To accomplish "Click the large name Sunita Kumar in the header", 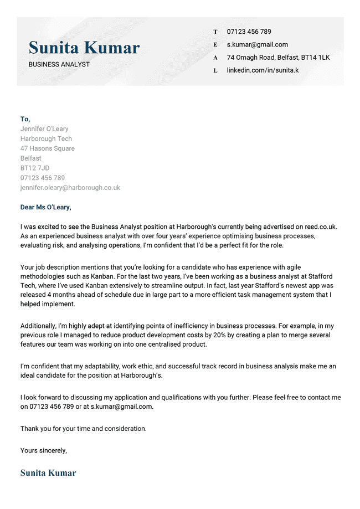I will click(84, 48).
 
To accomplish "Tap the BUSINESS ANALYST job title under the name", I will click(59, 64).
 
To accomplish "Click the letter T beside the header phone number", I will click(215, 32).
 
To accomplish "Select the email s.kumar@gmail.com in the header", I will click(257, 45).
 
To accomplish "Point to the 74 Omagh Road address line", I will click(278, 58).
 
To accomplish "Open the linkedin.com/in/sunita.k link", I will click(263, 70).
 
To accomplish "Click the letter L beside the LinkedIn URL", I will click(215, 71).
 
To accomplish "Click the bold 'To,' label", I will click(25, 119).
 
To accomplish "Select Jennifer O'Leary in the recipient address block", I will click(44, 129).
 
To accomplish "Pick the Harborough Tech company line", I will click(46, 139).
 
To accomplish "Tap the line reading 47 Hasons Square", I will click(48, 148).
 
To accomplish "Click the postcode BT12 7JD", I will click(35, 168).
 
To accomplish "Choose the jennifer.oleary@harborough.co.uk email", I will click(70, 188).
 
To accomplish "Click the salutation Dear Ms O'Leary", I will click(46, 208).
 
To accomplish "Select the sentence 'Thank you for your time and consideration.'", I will click(84, 429).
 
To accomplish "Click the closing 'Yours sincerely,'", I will click(44, 450).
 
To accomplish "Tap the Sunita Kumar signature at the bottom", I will click(48, 473).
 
